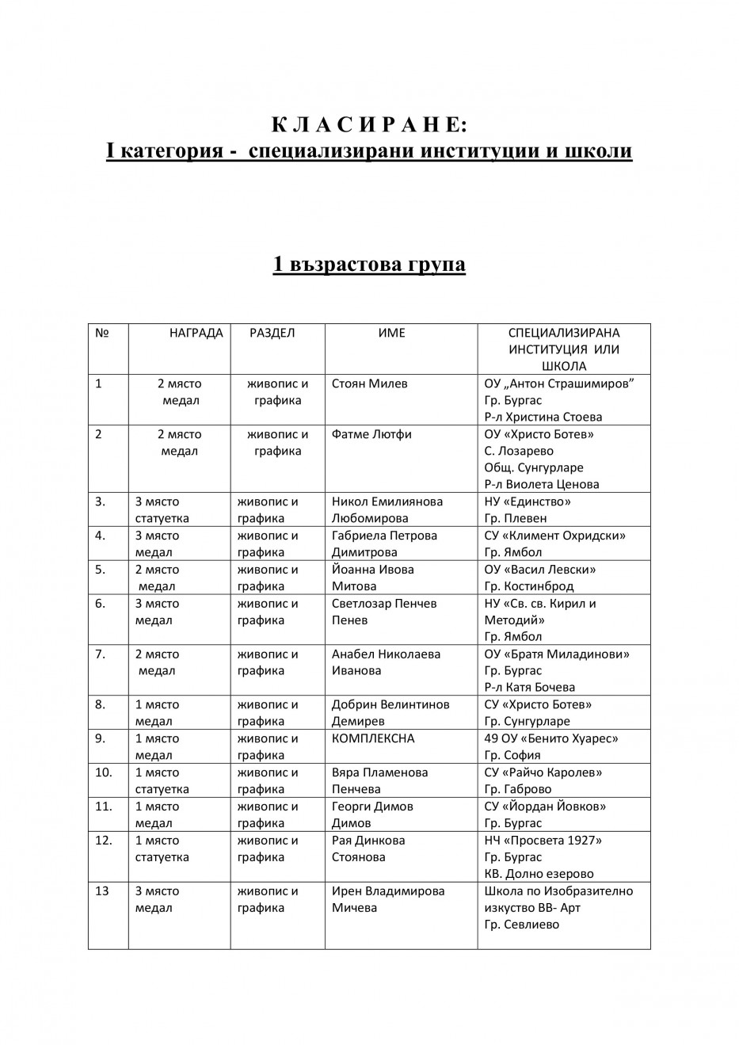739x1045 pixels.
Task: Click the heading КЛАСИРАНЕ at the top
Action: (369, 125)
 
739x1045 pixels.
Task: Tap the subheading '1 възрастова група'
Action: (369, 264)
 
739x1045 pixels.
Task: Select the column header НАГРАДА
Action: (196, 333)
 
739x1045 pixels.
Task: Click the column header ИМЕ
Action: (391, 333)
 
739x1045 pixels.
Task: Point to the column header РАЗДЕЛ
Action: (272, 333)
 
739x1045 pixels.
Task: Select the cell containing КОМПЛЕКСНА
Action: (373, 738)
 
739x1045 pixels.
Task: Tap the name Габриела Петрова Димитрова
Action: (384, 543)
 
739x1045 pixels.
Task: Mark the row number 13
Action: (101, 891)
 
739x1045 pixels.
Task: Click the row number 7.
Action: (100, 654)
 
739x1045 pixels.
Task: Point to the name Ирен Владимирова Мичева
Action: (388, 899)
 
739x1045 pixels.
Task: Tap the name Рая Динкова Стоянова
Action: (368, 849)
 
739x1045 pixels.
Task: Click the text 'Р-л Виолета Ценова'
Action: (542, 484)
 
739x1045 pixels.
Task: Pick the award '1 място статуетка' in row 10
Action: (162, 780)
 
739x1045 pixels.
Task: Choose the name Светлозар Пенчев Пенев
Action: (384, 612)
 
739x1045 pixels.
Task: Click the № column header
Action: (101, 333)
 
